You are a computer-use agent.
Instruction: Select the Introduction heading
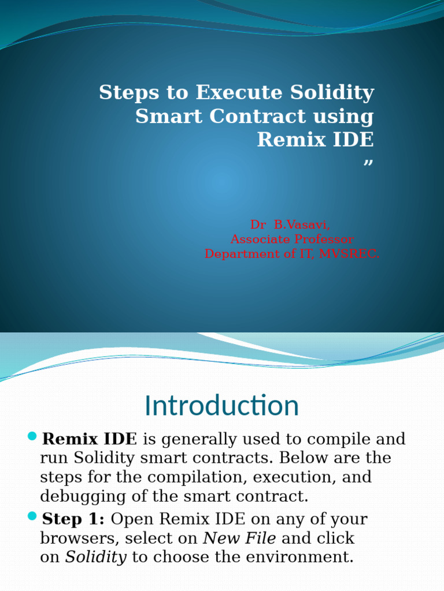click(x=221, y=406)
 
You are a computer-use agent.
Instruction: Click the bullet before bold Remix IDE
click(x=32, y=436)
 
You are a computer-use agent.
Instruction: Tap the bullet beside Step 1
click(x=32, y=515)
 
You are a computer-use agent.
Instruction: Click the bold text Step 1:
click(x=73, y=519)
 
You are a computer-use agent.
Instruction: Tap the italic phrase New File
click(x=239, y=538)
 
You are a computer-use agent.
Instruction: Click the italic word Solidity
click(x=96, y=558)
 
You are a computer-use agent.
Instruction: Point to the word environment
click(x=301, y=558)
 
